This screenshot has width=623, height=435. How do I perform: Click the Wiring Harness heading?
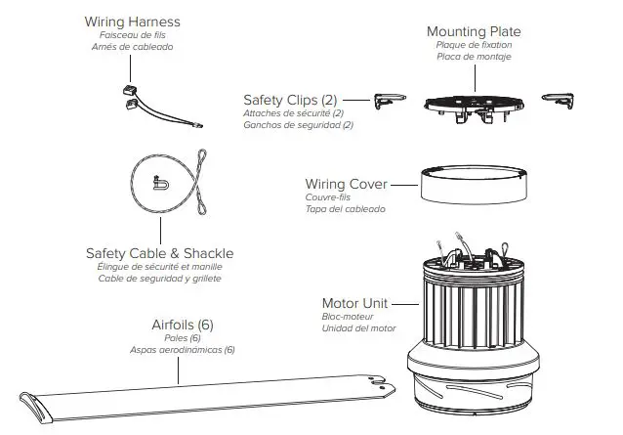coord(132,21)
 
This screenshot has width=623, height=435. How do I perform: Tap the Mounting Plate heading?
coord(474,31)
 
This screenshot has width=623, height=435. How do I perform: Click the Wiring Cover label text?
coord(347,184)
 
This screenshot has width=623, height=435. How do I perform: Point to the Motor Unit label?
coord(358,303)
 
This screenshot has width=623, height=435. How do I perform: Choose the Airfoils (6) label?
coord(183,324)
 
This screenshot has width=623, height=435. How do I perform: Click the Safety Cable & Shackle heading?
coord(159,253)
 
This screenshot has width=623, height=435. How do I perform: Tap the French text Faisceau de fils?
coord(132,34)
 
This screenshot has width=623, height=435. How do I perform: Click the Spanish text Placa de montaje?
coord(474,57)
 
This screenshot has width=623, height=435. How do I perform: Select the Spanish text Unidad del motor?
coord(358,327)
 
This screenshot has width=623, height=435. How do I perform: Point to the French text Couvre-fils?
coord(328,197)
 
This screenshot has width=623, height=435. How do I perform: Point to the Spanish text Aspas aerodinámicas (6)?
coord(183,349)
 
